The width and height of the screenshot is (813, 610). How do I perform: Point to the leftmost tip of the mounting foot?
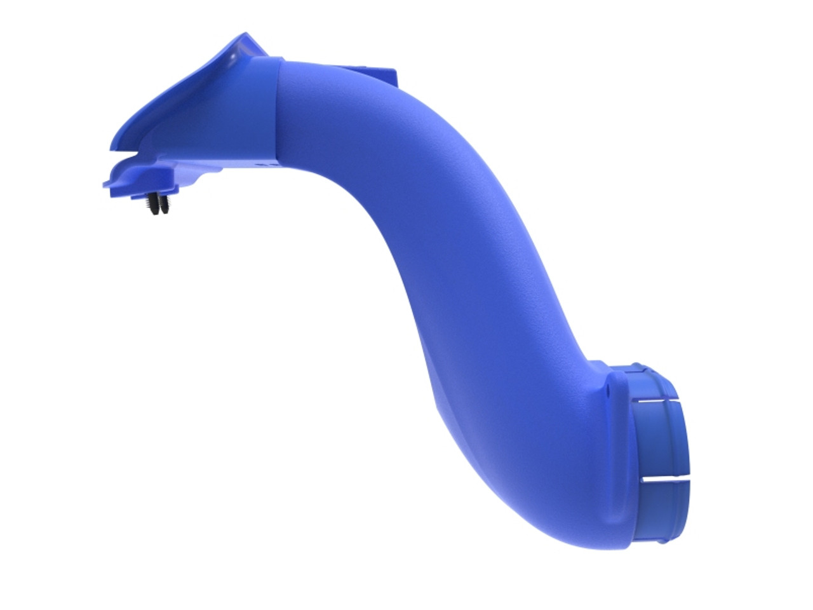coord(105,184)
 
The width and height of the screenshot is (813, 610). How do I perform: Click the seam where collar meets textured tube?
coord(278,108)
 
